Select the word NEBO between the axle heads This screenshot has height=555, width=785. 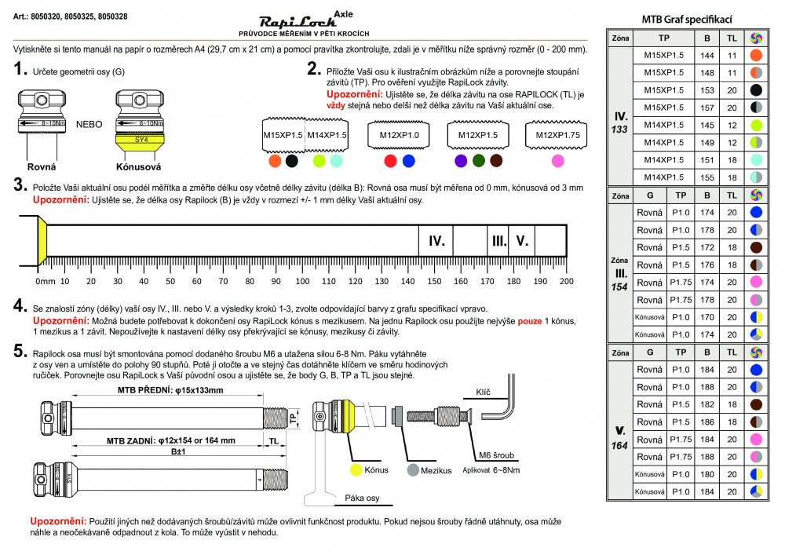(89, 124)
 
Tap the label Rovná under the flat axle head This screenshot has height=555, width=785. (41, 167)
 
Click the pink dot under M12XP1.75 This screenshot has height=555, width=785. (557, 161)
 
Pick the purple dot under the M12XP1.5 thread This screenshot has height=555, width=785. (461, 161)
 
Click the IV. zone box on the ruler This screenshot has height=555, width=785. (436, 241)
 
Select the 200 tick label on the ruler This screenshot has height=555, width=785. (565, 281)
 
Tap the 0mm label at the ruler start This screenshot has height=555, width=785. (46, 281)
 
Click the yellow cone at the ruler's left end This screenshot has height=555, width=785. (43, 241)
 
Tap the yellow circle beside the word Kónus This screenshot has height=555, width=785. (355, 469)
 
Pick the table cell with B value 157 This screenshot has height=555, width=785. (706, 108)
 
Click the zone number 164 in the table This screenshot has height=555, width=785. (620, 446)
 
